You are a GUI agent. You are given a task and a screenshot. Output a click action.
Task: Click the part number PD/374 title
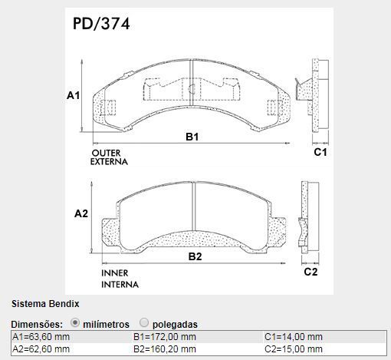pyautogui.click(x=101, y=24)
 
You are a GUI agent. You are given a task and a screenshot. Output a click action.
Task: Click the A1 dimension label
pyautogui.click(x=73, y=95)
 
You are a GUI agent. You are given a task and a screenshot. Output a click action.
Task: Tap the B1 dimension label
pyautogui.click(x=192, y=137)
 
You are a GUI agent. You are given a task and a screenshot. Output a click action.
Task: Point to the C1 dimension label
pyautogui.click(x=320, y=152)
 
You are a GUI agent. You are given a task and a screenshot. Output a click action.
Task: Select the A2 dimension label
pyautogui.click(x=81, y=213)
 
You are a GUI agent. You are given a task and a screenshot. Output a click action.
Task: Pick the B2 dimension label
pyautogui.click(x=195, y=256)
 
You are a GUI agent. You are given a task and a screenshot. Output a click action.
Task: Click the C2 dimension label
pyautogui.click(x=310, y=272)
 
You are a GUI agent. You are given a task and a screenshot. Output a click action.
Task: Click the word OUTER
pyautogui.click(x=106, y=153)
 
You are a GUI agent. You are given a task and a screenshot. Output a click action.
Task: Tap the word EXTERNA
pyautogui.click(x=109, y=162)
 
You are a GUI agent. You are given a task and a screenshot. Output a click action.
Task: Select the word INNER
pyautogui.click(x=115, y=273)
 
